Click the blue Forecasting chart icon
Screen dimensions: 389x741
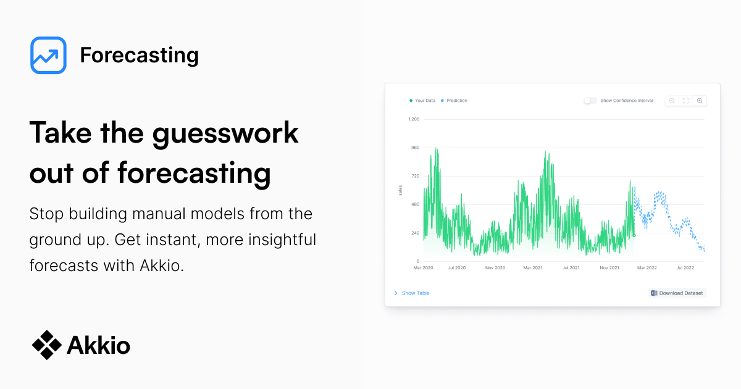pyautogui.click(x=48, y=56)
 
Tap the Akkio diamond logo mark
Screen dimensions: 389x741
pyautogui.click(x=47, y=345)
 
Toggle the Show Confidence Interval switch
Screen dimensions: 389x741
pyautogui.click(x=590, y=101)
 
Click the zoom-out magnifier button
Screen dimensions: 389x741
pyautogui.click(x=672, y=101)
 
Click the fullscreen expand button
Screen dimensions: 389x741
pyautogui.click(x=686, y=101)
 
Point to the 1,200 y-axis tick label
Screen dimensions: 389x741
pyautogui.click(x=413, y=119)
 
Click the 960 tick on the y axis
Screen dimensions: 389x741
pyautogui.click(x=415, y=148)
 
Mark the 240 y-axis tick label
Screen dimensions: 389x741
pyautogui.click(x=415, y=233)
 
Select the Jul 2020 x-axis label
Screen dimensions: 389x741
pyautogui.click(x=456, y=268)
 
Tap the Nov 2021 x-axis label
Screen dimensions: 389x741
pyautogui.click(x=609, y=268)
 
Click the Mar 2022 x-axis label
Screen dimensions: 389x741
pyautogui.click(x=647, y=268)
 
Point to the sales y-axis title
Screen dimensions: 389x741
pyautogui.click(x=400, y=190)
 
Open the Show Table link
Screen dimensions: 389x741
pyautogui.click(x=415, y=293)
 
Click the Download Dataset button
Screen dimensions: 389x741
pyautogui.click(x=677, y=293)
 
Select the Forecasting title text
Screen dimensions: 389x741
pyautogui.click(x=139, y=56)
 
